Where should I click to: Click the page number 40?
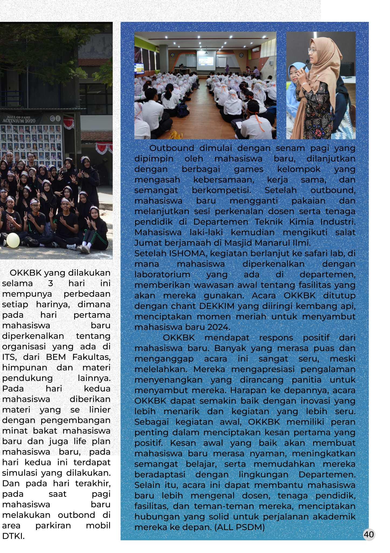pos(369,534)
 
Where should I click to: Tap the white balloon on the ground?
pos(13,240)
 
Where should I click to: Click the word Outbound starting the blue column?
pos(172,148)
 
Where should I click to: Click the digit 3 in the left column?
pos(51,283)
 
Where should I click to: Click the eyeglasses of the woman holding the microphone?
pos(312,50)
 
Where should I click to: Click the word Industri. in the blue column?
pos(338,222)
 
